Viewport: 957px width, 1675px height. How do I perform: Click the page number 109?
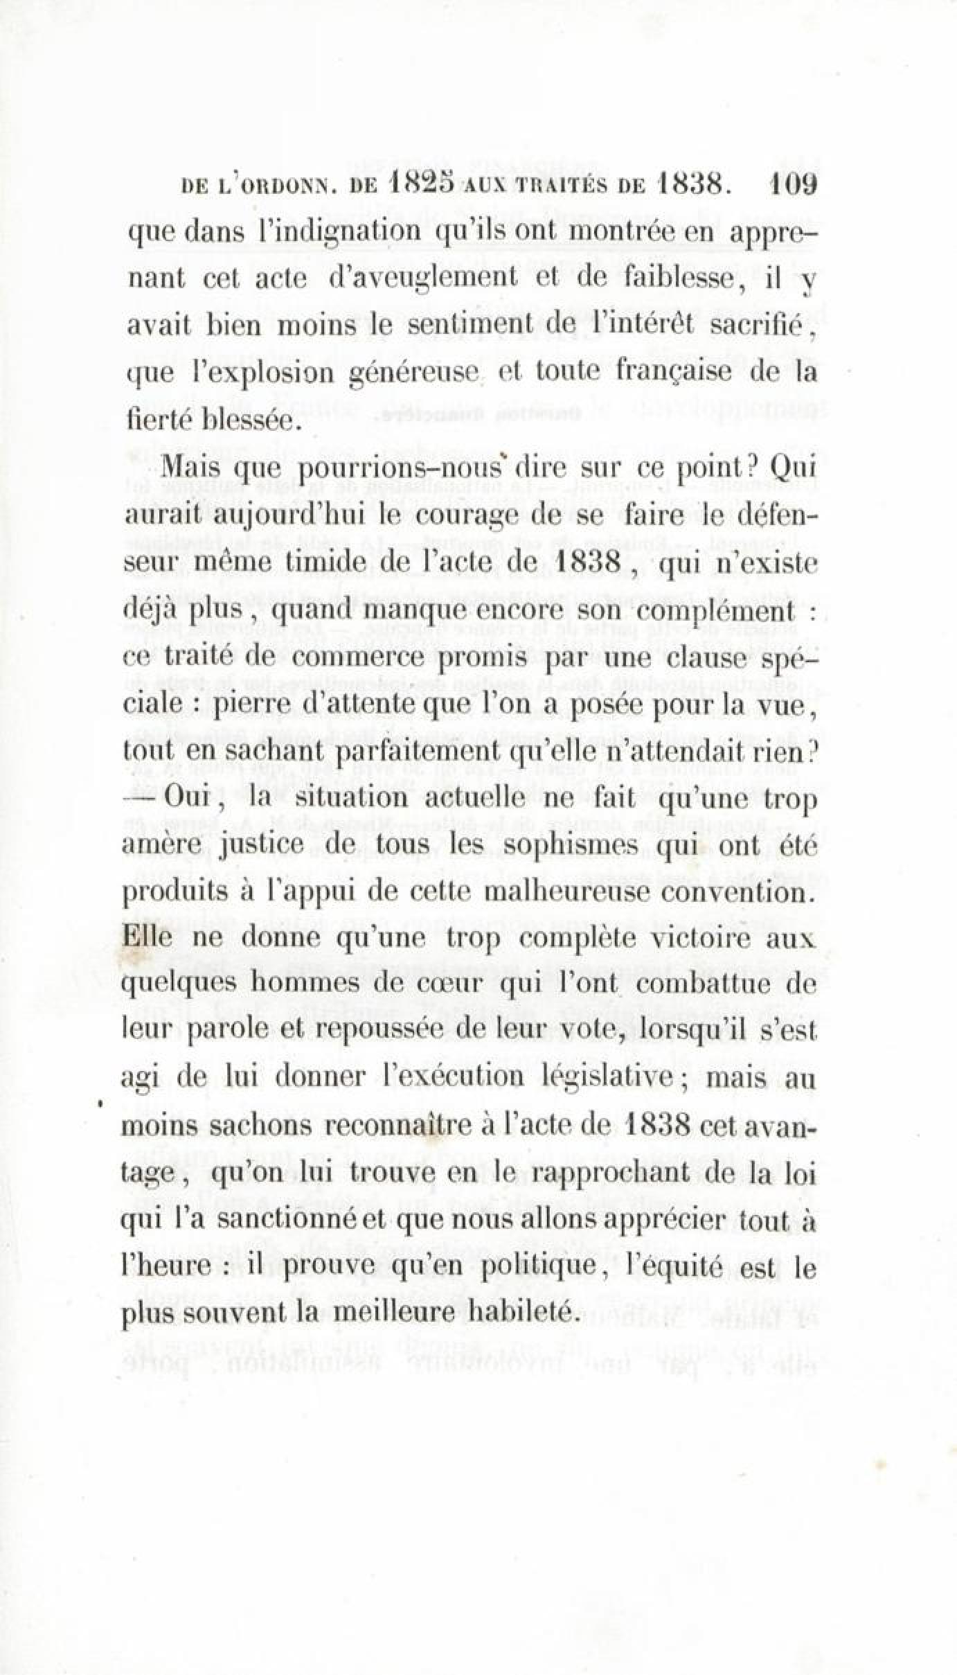pos(791,186)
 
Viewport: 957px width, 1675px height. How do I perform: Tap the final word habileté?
pos(520,1312)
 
